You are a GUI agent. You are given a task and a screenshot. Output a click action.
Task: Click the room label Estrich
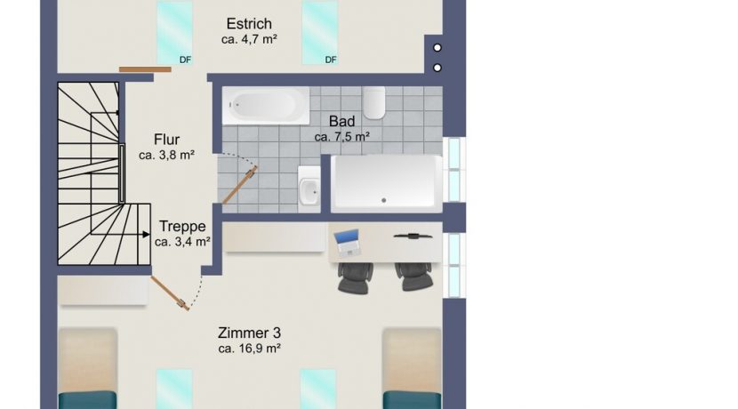pyautogui.click(x=249, y=23)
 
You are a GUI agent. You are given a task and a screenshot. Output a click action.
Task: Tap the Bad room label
pyautogui.click(x=341, y=122)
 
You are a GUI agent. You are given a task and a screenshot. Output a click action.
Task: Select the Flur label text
pyautogui.click(x=166, y=140)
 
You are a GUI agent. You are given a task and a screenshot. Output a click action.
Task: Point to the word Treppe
pyautogui.click(x=182, y=227)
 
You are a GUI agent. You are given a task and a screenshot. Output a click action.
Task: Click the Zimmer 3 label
pyautogui.click(x=249, y=333)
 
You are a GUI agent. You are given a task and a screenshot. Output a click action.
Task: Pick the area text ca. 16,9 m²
pyautogui.click(x=250, y=349)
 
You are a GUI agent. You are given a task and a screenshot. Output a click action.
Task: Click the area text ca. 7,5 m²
pyautogui.click(x=341, y=137)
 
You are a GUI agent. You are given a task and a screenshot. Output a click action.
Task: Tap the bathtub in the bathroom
pyautogui.click(x=266, y=106)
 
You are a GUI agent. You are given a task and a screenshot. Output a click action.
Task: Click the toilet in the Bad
pyautogui.click(x=374, y=102)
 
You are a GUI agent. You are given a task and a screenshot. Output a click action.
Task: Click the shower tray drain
pyautogui.click(x=384, y=201)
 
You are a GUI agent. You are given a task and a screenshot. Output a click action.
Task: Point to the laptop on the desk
pyautogui.click(x=348, y=243)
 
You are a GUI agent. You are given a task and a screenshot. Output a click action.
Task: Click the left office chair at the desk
pyautogui.click(x=356, y=278)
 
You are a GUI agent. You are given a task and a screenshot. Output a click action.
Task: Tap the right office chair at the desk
pyautogui.click(x=413, y=277)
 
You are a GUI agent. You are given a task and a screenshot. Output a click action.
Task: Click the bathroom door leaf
pyautogui.click(x=239, y=185)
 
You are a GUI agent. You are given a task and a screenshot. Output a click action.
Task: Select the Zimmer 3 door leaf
pyautogui.click(x=170, y=293)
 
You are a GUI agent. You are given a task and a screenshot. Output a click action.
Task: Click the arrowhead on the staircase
pyautogui.click(x=147, y=235)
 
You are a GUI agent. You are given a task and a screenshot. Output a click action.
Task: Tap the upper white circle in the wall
pyautogui.click(x=437, y=47)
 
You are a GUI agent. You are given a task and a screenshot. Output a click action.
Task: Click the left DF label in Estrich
pyautogui.click(x=185, y=60)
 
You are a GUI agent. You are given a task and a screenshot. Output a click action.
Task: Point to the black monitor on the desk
pyautogui.click(x=413, y=236)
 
